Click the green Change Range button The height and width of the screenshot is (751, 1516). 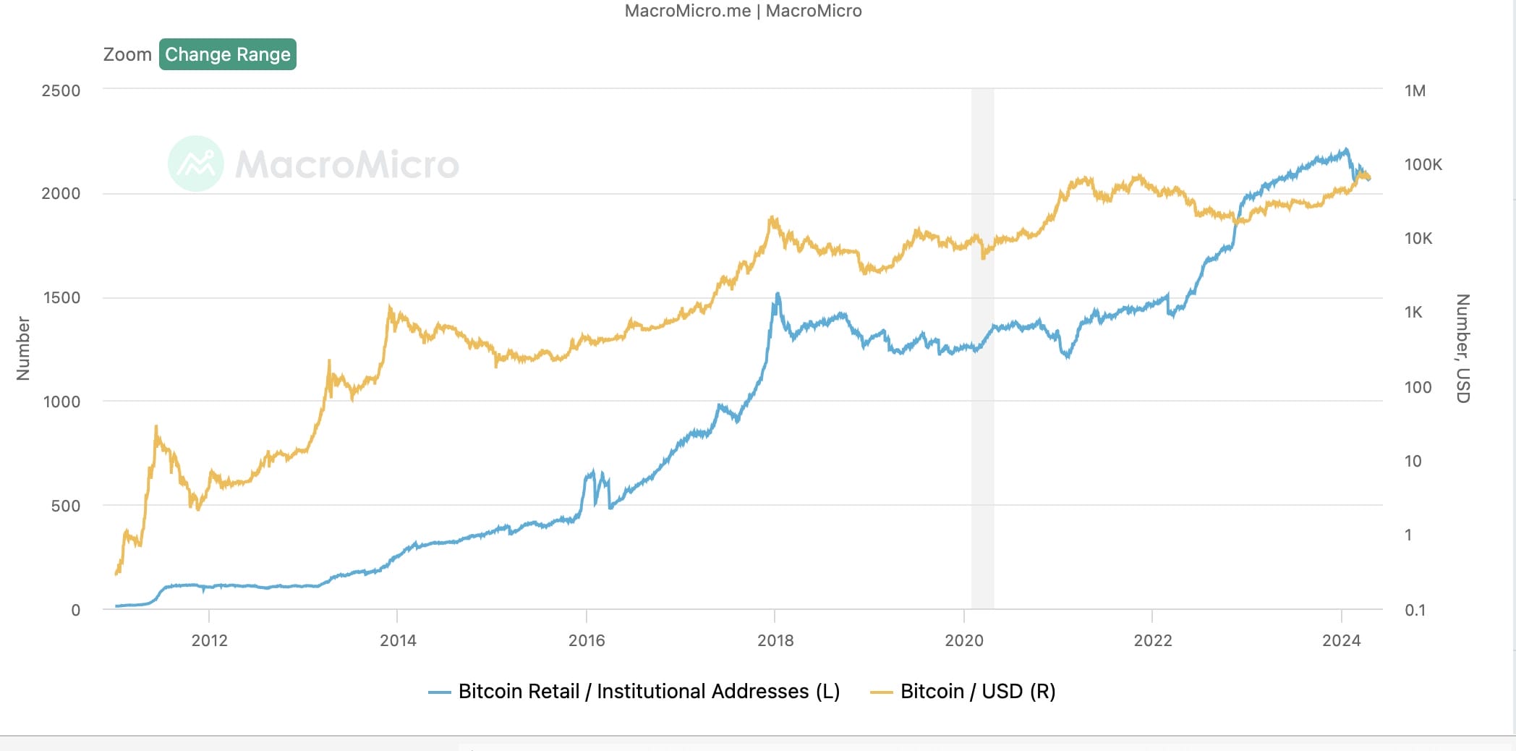pos(228,54)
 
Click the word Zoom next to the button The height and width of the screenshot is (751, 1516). pos(127,54)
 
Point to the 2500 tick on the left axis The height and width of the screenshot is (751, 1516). pos(61,90)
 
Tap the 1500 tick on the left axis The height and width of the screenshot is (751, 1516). pos(61,297)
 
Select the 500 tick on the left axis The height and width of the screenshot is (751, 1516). pos(66,506)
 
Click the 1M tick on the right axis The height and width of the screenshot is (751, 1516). pos(1415,90)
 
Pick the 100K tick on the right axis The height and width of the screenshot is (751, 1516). pos(1423,164)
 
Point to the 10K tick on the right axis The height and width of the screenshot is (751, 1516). pos(1418,238)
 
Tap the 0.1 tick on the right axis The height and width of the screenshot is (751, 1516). pos(1415,610)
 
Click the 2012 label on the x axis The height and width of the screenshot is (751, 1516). pos(209,640)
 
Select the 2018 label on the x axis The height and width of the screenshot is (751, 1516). pos(775,640)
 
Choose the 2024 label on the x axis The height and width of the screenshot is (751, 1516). pos(1342,640)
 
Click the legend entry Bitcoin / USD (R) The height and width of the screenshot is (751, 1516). pos(963,692)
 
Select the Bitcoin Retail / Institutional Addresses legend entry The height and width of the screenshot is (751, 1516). pos(634,692)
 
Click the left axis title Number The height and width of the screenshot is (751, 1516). pos(23,348)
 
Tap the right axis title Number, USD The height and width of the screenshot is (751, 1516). pos(1462,348)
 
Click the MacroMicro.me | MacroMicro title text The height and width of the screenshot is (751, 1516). pos(744,11)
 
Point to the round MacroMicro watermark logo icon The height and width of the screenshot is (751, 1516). pos(196,164)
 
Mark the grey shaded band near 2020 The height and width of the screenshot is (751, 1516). pos(982,349)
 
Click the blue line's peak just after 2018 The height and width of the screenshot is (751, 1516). pos(778,294)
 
